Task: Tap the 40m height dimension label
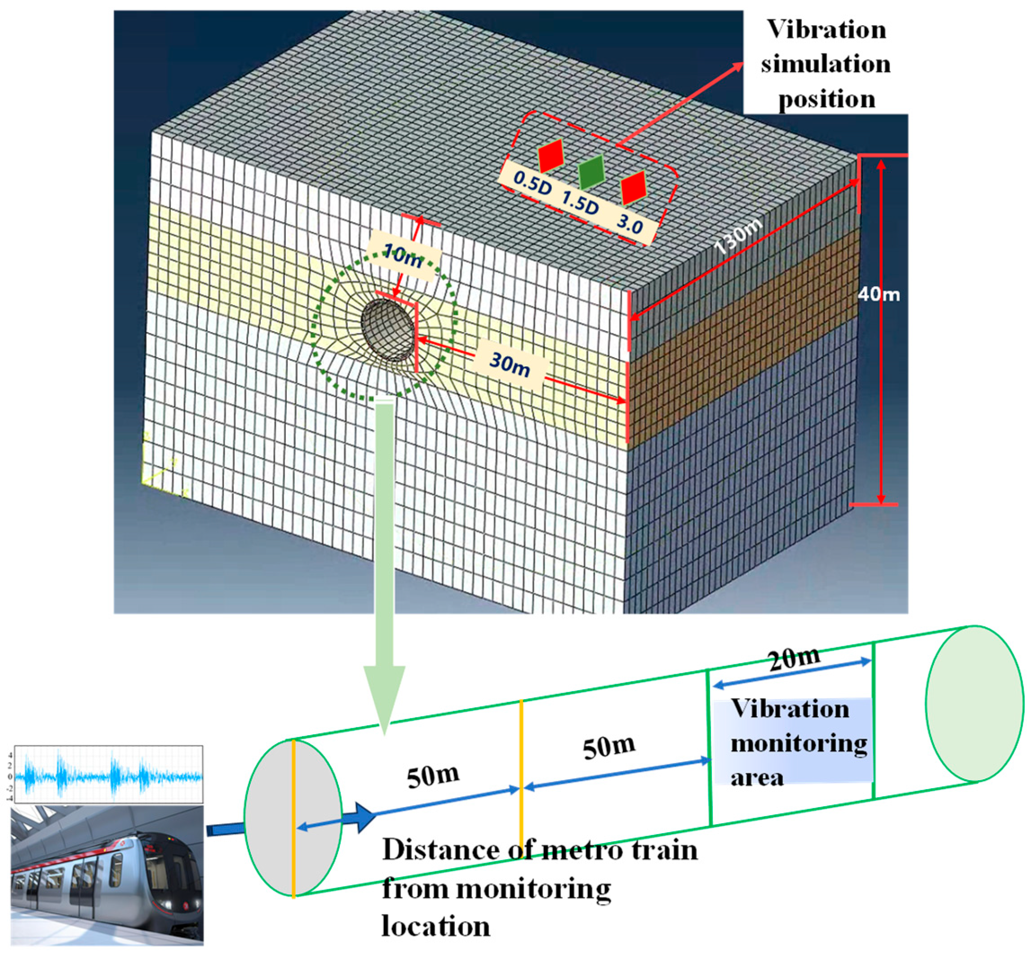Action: (x=878, y=294)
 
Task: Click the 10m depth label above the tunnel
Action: (x=403, y=257)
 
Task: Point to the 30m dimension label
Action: (x=510, y=364)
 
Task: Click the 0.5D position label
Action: (x=532, y=182)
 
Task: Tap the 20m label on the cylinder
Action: (x=794, y=658)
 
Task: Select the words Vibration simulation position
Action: (x=826, y=64)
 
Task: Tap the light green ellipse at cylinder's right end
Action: (x=974, y=703)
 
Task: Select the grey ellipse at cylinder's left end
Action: (x=293, y=819)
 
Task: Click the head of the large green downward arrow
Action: (x=384, y=697)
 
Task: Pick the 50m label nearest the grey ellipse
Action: (x=433, y=776)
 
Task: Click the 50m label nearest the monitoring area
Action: (x=609, y=747)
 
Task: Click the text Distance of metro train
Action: (x=540, y=850)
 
